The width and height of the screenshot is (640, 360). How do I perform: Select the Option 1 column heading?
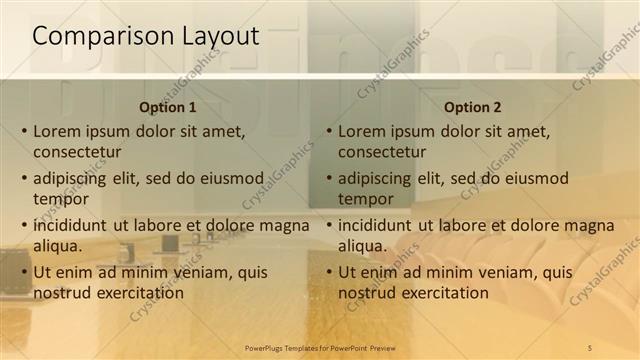[167, 107]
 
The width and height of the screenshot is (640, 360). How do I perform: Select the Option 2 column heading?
[472, 107]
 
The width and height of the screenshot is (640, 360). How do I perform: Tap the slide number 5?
[590, 347]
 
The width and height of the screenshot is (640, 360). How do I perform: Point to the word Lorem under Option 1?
[57, 131]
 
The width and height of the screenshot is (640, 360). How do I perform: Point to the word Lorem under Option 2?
[362, 131]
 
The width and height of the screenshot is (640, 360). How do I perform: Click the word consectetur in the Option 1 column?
[77, 153]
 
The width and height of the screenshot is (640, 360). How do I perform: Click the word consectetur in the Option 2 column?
[382, 153]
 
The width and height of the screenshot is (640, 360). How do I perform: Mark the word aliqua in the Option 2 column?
[361, 246]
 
